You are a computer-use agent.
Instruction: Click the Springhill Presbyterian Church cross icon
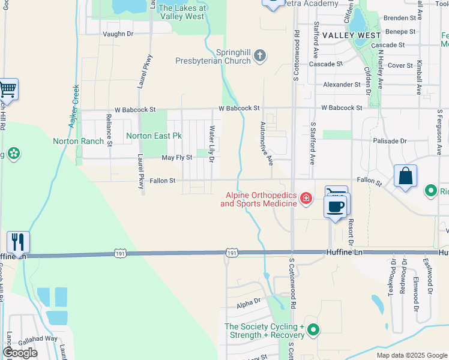pos(260,56)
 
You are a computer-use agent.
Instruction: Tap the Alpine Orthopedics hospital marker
pos(306,198)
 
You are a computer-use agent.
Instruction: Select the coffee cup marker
pos(336,206)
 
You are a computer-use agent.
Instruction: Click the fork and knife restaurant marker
pos(18,242)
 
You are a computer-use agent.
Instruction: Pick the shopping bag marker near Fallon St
pos(406,176)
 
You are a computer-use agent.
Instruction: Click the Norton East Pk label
pos(154,136)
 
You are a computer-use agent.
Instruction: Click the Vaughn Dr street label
pos(118,34)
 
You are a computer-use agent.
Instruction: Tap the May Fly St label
pos(177,158)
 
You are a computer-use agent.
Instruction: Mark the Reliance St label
pos(109,130)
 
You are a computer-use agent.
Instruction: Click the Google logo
pos(20,353)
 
